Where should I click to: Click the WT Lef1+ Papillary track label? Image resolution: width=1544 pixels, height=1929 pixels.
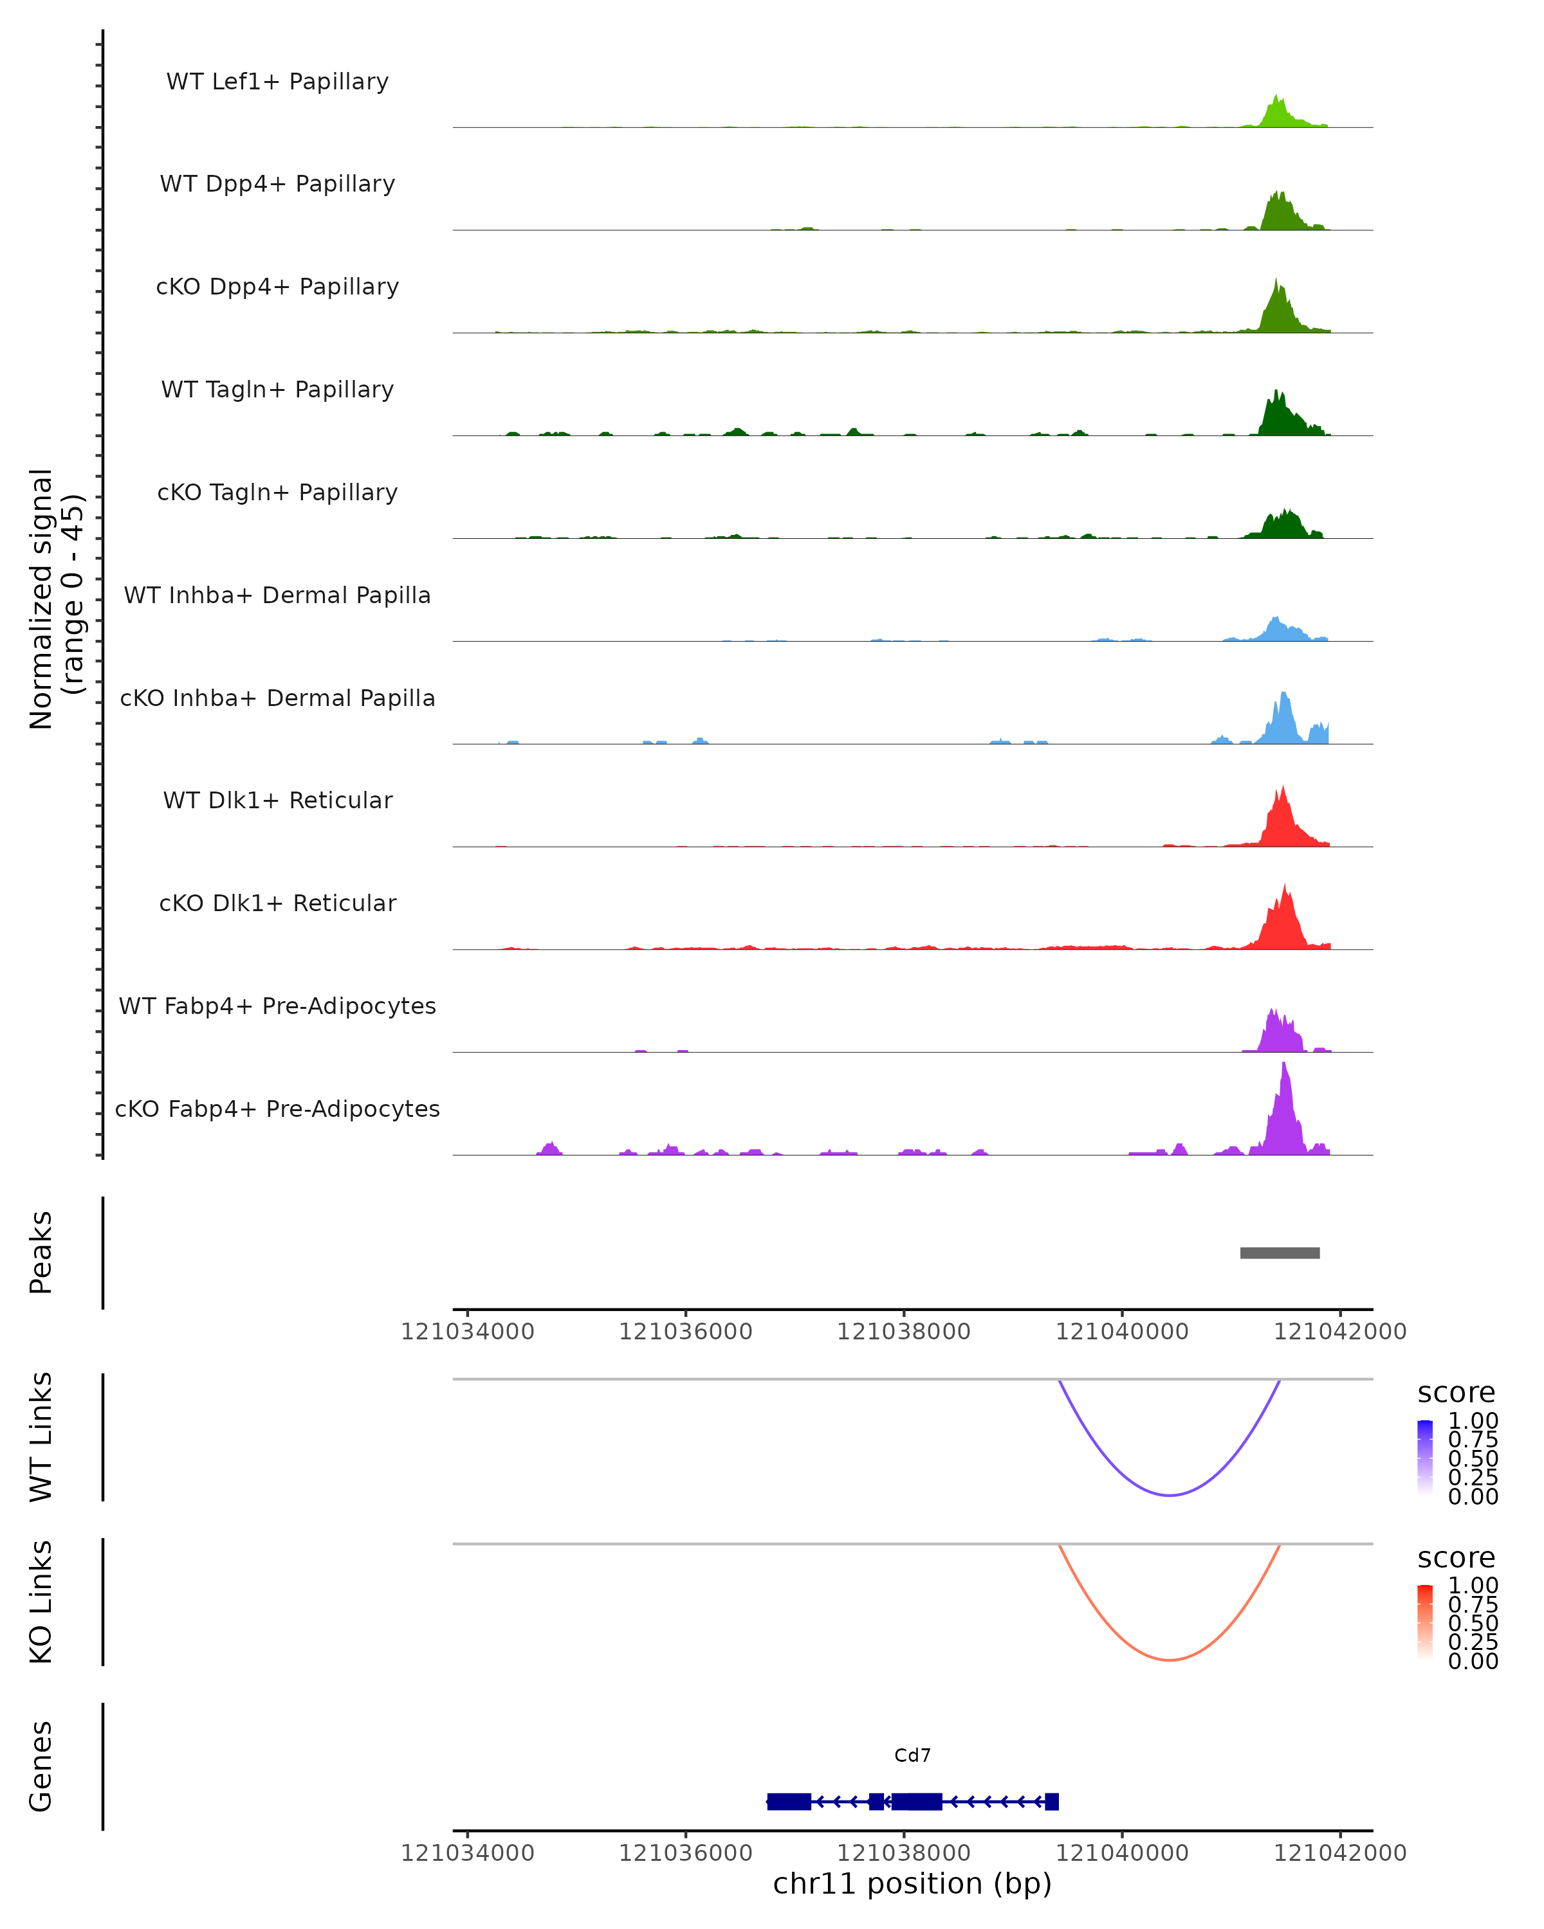tap(277, 82)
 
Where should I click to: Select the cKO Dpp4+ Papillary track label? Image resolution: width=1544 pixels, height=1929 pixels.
tap(277, 287)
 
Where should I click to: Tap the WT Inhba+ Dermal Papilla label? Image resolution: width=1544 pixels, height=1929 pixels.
tap(277, 596)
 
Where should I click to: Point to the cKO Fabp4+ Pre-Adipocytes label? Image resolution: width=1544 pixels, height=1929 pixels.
tap(277, 1109)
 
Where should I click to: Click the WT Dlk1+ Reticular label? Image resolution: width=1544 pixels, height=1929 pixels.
tap(277, 801)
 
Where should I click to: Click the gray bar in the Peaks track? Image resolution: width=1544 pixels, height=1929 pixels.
tap(1279, 1253)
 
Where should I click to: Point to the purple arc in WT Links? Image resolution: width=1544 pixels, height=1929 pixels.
tap(1169, 1494)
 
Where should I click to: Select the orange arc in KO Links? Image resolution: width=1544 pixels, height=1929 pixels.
tap(1169, 1660)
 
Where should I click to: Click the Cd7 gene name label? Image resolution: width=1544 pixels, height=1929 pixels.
tap(912, 1755)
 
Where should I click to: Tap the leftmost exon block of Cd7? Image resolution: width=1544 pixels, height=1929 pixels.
tap(789, 1801)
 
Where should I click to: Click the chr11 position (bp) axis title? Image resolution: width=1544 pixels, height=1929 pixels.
tap(912, 1884)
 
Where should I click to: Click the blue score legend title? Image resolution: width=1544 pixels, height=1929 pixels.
tap(1457, 1393)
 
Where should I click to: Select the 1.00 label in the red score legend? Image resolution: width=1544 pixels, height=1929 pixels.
tap(1473, 1586)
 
